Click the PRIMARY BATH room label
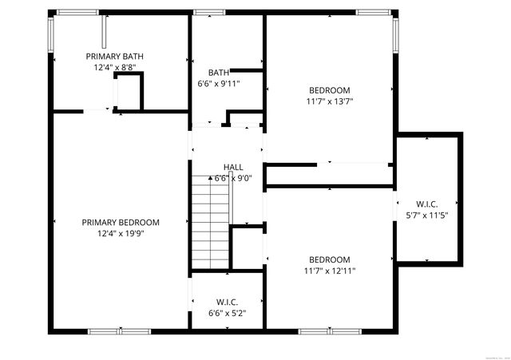tap(114, 56)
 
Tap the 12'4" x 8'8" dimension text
tap(114, 68)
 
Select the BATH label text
tap(219, 72)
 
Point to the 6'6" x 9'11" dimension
tap(219, 83)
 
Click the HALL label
tap(233, 167)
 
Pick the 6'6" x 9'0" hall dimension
tap(233, 178)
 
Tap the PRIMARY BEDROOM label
tap(121, 223)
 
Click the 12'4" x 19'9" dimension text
tap(121, 234)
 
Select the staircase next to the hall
tap(210, 223)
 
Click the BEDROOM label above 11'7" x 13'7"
tap(330, 90)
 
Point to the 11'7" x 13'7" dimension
tap(330, 101)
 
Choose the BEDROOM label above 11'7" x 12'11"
tap(330, 259)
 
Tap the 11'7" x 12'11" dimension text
tap(330, 271)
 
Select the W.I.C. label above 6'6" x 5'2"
tap(227, 302)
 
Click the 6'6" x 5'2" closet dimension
tap(227, 313)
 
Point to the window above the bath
tap(209, 12)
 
